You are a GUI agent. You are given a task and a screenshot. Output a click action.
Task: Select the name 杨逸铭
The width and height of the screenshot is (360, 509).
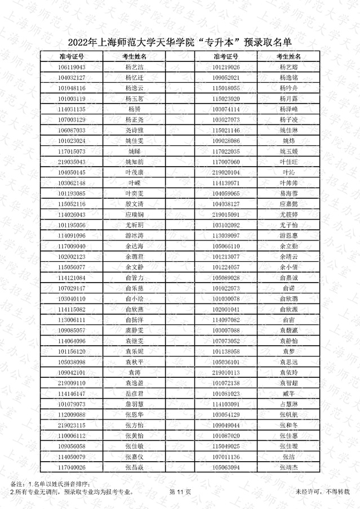coord(288,78)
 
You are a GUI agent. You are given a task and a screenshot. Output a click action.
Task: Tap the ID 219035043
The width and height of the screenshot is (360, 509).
coord(72,162)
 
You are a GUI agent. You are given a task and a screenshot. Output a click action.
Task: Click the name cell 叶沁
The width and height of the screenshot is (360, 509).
coord(288,172)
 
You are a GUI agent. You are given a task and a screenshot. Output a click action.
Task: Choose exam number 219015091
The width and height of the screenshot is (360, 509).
coord(226,215)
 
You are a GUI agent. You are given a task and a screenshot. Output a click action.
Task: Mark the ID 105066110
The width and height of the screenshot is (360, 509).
coord(226,246)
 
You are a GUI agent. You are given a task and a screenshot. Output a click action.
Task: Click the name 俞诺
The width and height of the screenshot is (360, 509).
coord(288,288)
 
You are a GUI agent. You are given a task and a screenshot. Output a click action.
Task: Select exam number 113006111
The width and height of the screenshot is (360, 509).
coord(72,320)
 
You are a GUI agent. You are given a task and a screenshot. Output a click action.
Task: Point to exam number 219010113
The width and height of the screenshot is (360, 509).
coord(226,373)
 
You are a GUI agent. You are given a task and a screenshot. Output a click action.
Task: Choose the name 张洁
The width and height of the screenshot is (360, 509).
coord(288,457)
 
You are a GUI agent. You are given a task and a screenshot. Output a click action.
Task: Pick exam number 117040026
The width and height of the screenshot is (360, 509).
coord(72,467)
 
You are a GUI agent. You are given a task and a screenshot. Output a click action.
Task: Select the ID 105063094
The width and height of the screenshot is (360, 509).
coord(226,467)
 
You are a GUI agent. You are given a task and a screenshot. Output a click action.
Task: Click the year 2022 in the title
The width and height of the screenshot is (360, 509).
coord(79,42)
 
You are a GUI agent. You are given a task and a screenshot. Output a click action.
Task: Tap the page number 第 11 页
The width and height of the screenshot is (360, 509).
coord(180,492)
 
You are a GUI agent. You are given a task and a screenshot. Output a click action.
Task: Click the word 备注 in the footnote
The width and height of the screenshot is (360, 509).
coord(17,485)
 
